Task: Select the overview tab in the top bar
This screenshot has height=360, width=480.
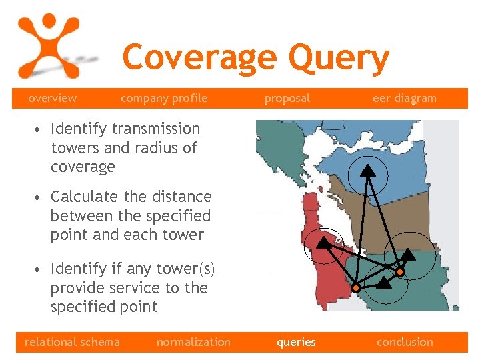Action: point(52,98)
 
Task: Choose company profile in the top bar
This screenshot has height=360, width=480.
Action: point(164,98)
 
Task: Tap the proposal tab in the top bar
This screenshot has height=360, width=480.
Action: point(287,98)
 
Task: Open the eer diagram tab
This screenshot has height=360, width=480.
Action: point(404,98)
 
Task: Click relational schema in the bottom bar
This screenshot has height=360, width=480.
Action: point(72,342)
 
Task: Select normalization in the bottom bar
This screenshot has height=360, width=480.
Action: point(193,342)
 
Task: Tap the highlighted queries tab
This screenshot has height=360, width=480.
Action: point(296,342)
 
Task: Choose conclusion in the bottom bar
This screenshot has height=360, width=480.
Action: point(405,342)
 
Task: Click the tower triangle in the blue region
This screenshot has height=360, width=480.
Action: point(367,170)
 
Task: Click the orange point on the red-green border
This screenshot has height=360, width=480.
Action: point(356,287)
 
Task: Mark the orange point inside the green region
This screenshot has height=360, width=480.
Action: point(399,272)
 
